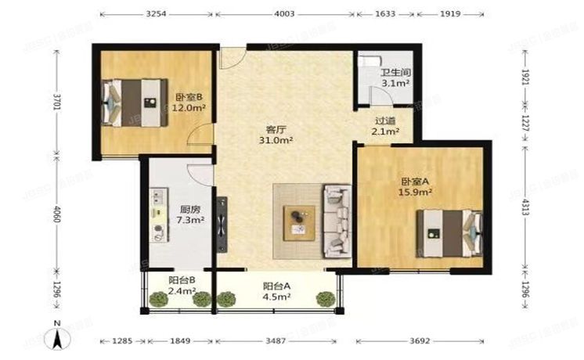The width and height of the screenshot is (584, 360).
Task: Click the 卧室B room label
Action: pyautogui.click(x=188, y=103)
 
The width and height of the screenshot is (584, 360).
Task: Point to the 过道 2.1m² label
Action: pyautogui.click(x=384, y=125)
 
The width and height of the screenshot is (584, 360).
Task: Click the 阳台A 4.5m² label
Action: pyautogui.click(x=276, y=290)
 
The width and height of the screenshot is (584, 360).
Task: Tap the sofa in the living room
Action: pyautogui.click(x=337, y=221)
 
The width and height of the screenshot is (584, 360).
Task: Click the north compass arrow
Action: pyautogui.click(x=57, y=337)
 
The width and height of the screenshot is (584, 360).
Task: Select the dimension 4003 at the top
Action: pyautogui.click(x=284, y=13)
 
